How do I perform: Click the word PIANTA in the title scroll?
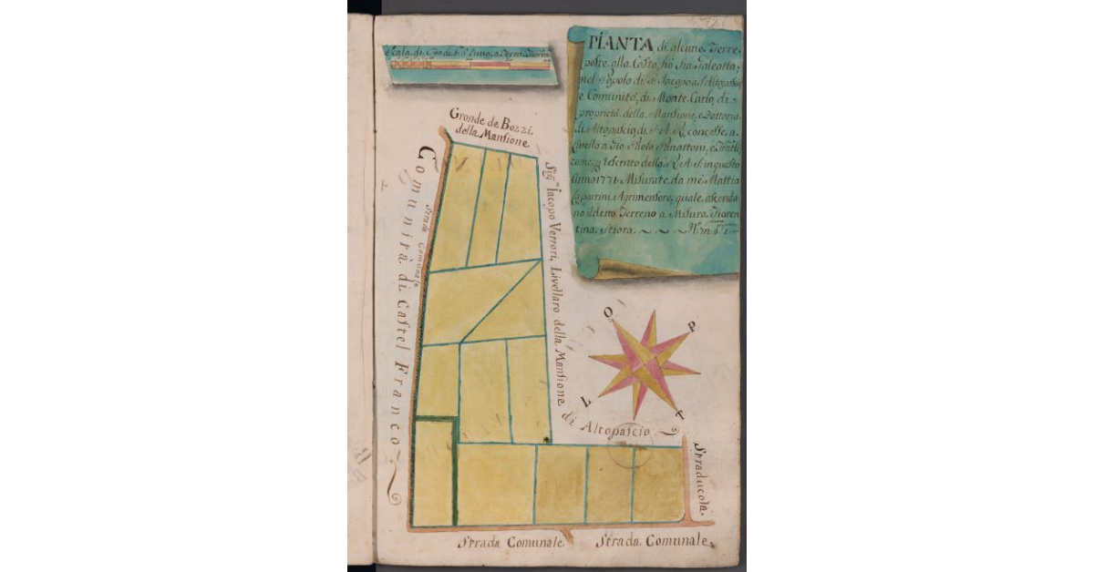tap(604, 42)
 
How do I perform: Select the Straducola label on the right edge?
tap(702, 480)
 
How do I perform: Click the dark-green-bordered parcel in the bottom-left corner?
tap(433, 472)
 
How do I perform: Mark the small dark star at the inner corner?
tap(546, 440)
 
